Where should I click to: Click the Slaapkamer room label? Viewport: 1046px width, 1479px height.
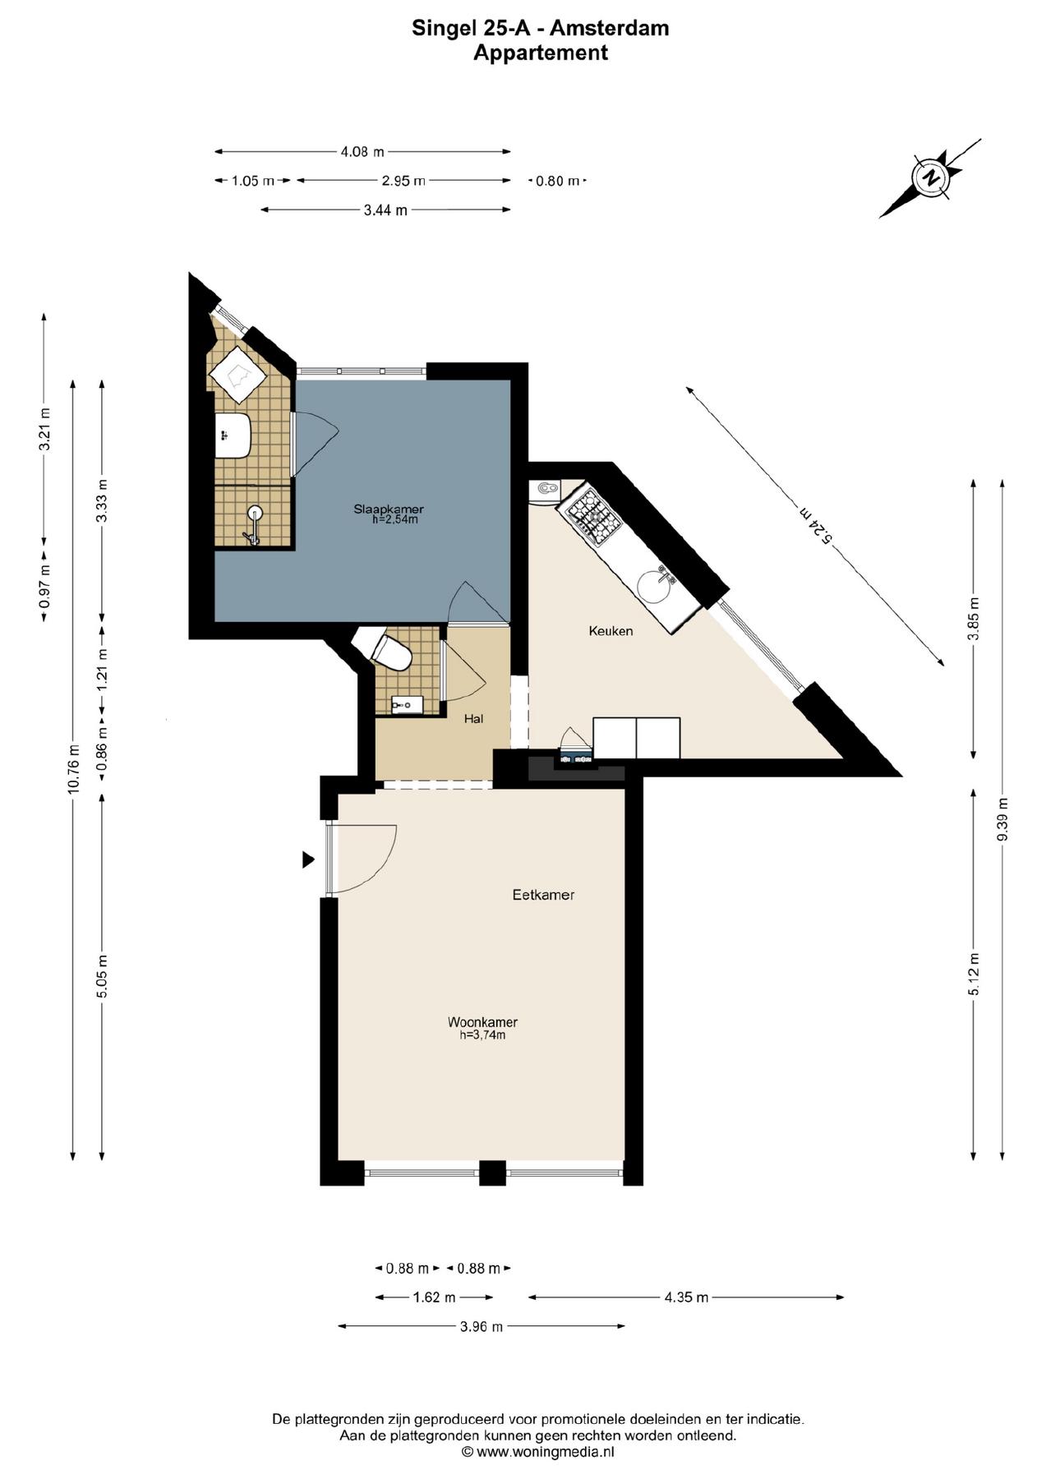[x=388, y=509]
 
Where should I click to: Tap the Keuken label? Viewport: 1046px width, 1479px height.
[x=611, y=631]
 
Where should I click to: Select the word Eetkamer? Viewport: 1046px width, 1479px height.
[x=543, y=895]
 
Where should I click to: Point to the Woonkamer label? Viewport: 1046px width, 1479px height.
[x=482, y=1022]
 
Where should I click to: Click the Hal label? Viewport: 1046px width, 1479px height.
[x=473, y=719]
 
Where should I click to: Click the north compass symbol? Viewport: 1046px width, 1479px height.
[x=931, y=177]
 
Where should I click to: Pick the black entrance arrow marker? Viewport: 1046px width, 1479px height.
[x=308, y=859]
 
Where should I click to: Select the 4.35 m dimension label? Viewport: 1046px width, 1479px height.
[x=686, y=1297]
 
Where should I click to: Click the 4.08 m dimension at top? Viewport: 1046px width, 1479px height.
[x=362, y=151]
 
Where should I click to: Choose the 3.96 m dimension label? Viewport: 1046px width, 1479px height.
[x=480, y=1326]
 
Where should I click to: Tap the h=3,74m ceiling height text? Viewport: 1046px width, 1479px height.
[x=482, y=1036]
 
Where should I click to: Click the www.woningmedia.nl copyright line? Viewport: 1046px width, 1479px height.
[x=538, y=1452]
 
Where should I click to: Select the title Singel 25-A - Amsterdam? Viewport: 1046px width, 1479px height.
[x=540, y=28]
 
